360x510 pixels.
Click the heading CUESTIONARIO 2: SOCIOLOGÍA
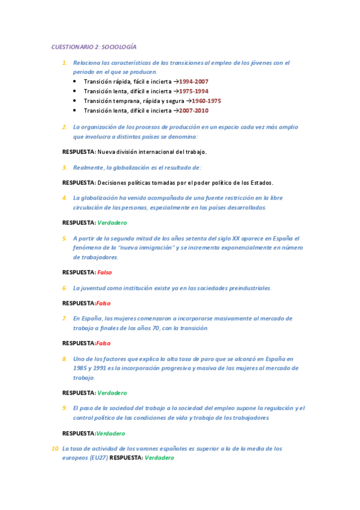coord(94,46)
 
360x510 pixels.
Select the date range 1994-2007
coord(193,81)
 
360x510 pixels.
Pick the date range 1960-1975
coord(206,101)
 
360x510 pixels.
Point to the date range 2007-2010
coord(192,111)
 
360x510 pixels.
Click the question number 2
coord(64,127)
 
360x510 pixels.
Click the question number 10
coord(55,448)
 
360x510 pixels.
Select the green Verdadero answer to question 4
coord(112,223)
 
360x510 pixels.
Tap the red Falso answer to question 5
coord(105,272)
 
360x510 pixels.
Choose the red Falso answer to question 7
coord(103,343)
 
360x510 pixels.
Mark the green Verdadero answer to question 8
coord(112,393)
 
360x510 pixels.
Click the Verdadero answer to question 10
coord(159,458)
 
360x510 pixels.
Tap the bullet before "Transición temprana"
coord(75,101)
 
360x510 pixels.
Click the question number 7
coord(64,318)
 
